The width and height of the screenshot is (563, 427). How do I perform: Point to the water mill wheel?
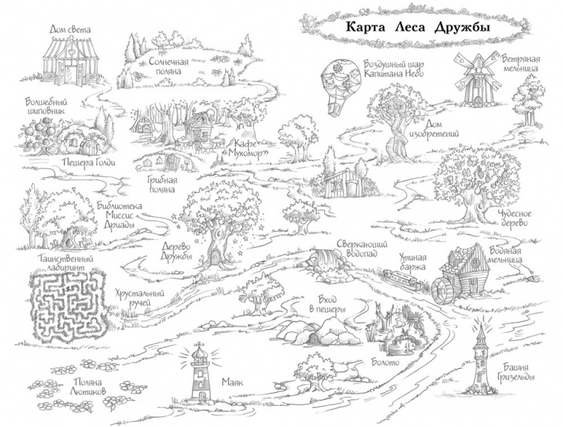tap(442, 288)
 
